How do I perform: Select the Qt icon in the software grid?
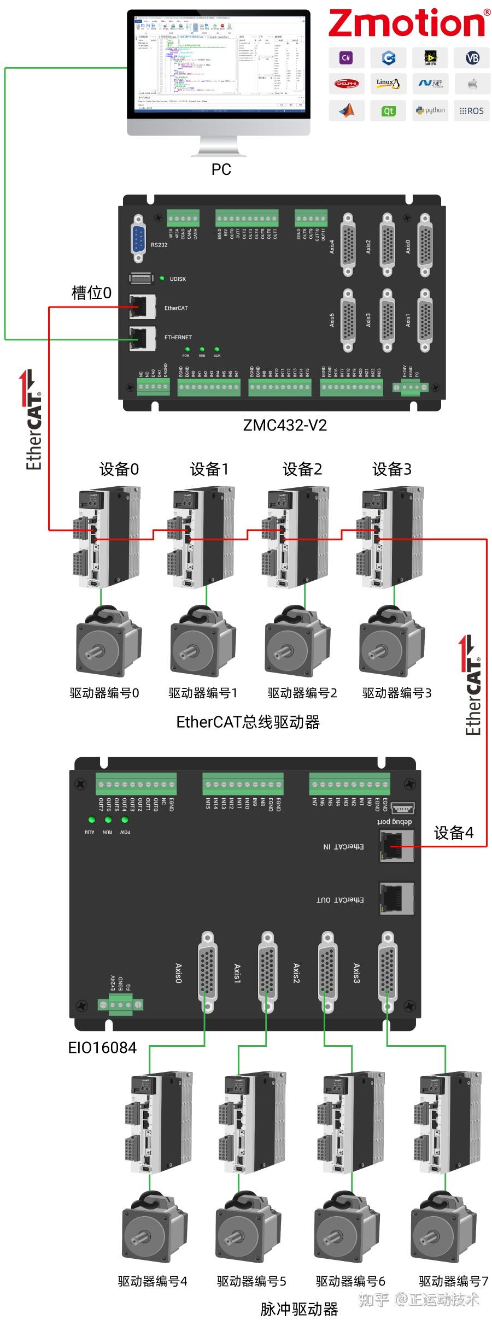tap(388, 111)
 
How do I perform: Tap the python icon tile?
tap(431, 110)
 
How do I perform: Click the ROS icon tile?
tap(472, 111)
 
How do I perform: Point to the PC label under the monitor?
tap(221, 169)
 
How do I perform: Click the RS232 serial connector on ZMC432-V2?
tap(139, 238)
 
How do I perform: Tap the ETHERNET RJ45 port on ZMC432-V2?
tap(142, 337)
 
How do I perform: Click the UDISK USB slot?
tap(141, 278)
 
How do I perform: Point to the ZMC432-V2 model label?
tap(285, 425)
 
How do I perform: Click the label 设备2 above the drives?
tap(302, 469)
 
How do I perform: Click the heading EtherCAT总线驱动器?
tap(248, 722)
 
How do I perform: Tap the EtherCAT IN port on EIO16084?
tap(396, 846)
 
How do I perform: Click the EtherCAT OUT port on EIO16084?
tap(396, 898)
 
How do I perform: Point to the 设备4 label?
tap(453, 833)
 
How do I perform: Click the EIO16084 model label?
tap(102, 1047)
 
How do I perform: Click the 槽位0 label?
tap(91, 293)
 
